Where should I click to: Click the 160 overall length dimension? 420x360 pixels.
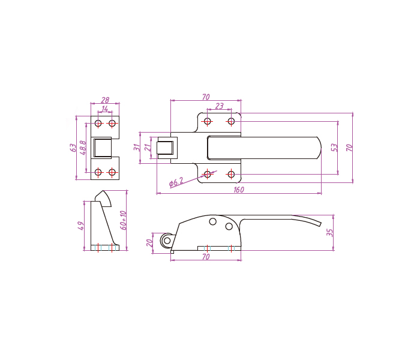239,190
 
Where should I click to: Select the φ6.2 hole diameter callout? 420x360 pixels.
176,182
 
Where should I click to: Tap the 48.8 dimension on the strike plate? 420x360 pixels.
83,148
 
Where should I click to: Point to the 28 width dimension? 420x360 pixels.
105,100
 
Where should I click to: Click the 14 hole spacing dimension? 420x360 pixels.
105,109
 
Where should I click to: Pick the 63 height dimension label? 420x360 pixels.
73,148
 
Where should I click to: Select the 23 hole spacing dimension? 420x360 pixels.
220,106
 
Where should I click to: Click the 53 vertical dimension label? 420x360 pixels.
334,148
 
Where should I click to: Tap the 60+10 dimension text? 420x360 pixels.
123,220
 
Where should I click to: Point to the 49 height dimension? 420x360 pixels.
80,226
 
